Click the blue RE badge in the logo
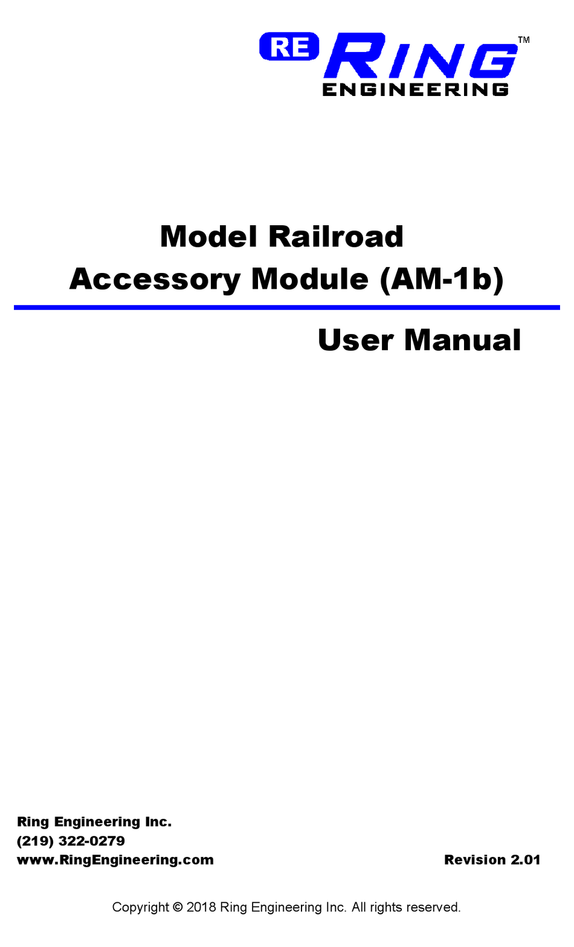289,47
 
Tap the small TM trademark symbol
524,40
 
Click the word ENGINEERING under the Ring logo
416,90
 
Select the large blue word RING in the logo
421,57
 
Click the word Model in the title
208,237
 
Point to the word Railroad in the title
336,237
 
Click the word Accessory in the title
155,280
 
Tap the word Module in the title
309,280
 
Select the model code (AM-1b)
442,280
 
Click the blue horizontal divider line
287,307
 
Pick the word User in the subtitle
355,340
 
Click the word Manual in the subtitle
462,340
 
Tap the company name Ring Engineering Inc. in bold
94,822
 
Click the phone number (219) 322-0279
71,841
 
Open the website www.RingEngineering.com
115,860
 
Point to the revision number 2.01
525,860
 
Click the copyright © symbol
178,907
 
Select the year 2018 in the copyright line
201,907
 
